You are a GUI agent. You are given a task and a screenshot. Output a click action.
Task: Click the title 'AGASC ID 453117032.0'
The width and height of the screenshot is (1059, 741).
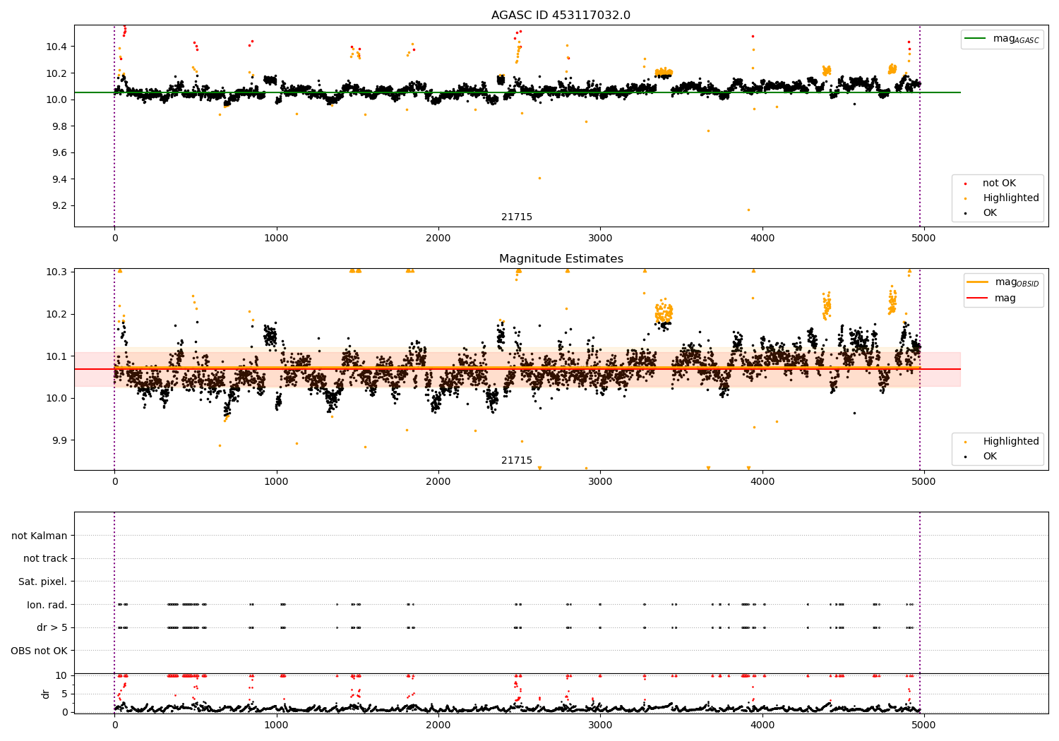561,16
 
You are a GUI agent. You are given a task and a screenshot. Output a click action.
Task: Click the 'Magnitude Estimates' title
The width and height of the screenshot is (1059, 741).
561,259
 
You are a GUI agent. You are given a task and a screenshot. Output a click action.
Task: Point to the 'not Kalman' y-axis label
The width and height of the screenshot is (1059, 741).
40,536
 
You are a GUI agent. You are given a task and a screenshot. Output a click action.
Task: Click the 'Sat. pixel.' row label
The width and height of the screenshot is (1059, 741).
42,582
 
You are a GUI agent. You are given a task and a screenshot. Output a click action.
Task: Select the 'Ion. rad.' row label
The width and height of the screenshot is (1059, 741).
47,605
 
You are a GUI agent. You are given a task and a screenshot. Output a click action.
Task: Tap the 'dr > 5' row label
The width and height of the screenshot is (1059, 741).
52,627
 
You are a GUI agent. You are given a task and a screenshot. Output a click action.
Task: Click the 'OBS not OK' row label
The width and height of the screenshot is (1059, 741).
39,651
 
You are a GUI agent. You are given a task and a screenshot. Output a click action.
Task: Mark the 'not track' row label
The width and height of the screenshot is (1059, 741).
45,558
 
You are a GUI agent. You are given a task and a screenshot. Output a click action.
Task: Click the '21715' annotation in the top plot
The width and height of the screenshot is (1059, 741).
517,217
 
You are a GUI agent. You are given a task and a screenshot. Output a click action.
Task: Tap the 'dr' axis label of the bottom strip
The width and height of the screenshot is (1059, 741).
46,694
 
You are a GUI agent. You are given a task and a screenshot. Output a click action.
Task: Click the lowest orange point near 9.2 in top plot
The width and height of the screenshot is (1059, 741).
748,210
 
